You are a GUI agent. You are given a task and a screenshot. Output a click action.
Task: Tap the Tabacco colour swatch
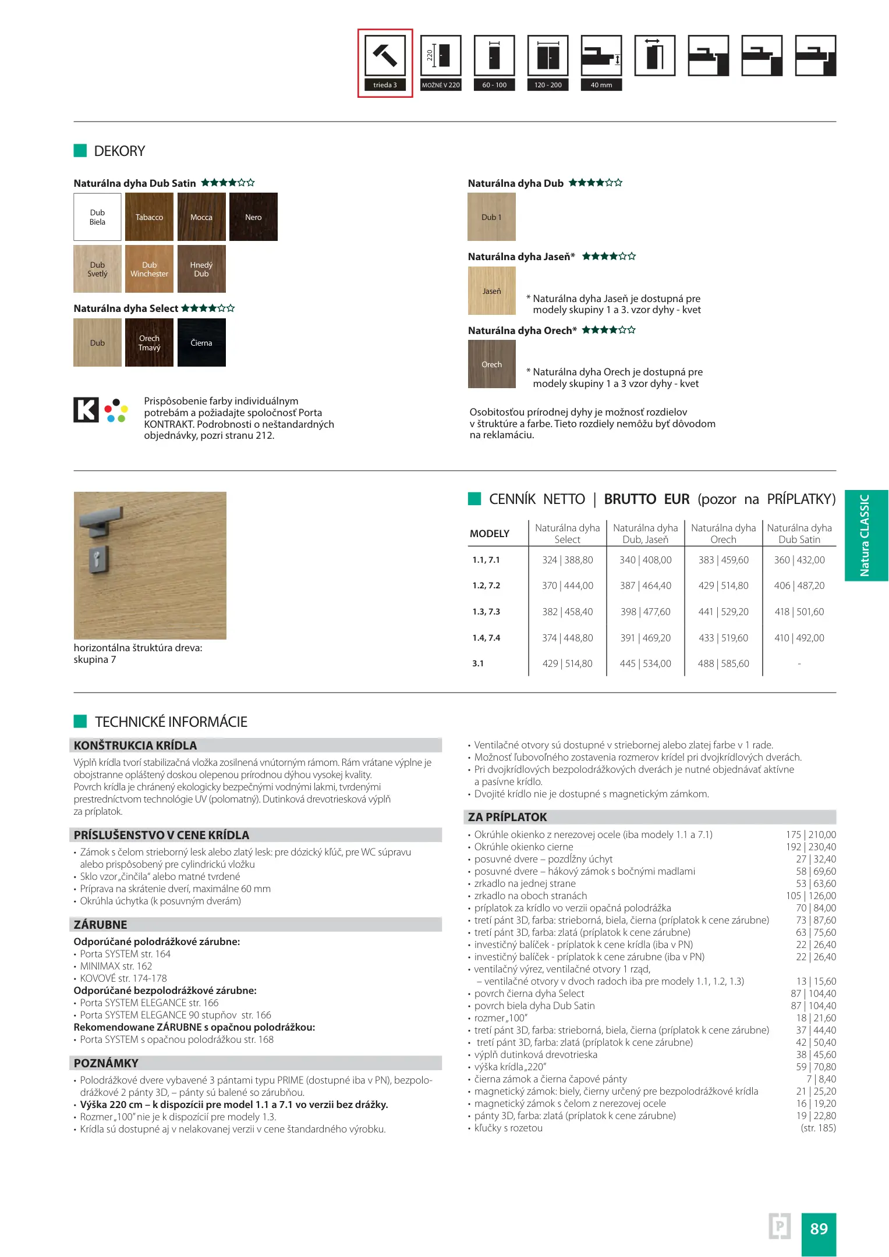tap(149, 217)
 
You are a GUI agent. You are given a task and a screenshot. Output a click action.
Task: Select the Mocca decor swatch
tap(201, 217)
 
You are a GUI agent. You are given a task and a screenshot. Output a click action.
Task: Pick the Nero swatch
tap(253, 217)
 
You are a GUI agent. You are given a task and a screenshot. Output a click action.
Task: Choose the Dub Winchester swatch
tap(149, 269)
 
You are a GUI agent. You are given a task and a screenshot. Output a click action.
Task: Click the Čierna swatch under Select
tap(201, 343)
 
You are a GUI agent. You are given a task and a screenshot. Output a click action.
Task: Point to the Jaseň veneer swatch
tap(492, 291)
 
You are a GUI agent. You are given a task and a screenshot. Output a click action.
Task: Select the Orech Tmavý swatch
tap(149, 343)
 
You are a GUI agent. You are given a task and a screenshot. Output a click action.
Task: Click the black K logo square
tap(86, 410)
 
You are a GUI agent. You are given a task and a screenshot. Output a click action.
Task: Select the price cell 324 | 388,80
tap(568, 560)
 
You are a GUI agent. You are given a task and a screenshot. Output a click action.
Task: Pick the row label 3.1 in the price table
tap(478, 663)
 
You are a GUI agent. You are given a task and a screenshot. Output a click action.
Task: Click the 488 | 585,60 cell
tap(724, 663)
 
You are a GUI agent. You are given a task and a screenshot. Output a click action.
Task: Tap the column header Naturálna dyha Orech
tap(724, 534)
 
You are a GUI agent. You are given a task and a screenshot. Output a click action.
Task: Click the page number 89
tap(819, 1228)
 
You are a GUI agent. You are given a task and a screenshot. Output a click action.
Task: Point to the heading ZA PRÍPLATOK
tap(508, 817)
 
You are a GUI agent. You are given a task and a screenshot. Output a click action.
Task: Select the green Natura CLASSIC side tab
tap(866, 535)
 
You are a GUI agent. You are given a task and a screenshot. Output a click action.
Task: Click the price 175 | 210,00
tap(811, 835)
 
